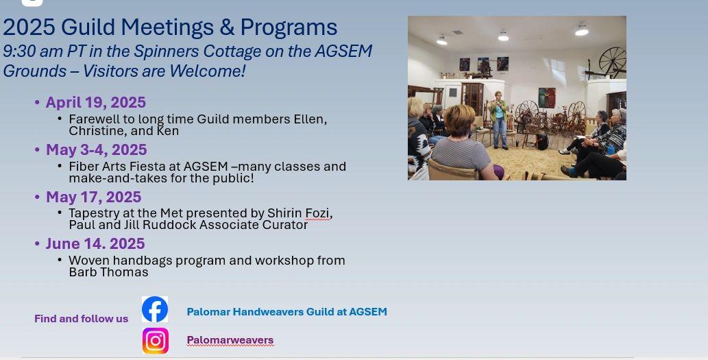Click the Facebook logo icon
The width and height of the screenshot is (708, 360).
click(155, 309)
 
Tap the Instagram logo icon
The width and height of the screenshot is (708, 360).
click(156, 341)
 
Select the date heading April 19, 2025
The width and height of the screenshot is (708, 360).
click(96, 103)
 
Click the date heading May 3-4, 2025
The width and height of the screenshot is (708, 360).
click(96, 149)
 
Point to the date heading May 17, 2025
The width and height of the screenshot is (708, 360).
click(93, 197)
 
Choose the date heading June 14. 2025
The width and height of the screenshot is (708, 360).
click(95, 244)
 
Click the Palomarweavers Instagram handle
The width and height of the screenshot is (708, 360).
click(230, 340)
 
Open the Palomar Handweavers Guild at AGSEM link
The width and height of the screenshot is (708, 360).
click(286, 312)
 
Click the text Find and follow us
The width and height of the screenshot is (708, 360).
click(82, 319)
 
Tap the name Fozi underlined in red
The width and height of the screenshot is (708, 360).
click(317, 213)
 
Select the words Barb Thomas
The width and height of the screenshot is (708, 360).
click(108, 272)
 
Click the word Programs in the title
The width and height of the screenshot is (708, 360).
click(289, 28)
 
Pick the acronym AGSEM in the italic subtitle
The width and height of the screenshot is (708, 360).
click(343, 51)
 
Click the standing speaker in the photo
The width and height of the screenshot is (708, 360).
click(499, 120)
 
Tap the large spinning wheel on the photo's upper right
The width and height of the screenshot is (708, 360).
click(612, 61)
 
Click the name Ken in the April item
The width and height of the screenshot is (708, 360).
click(167, 131)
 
